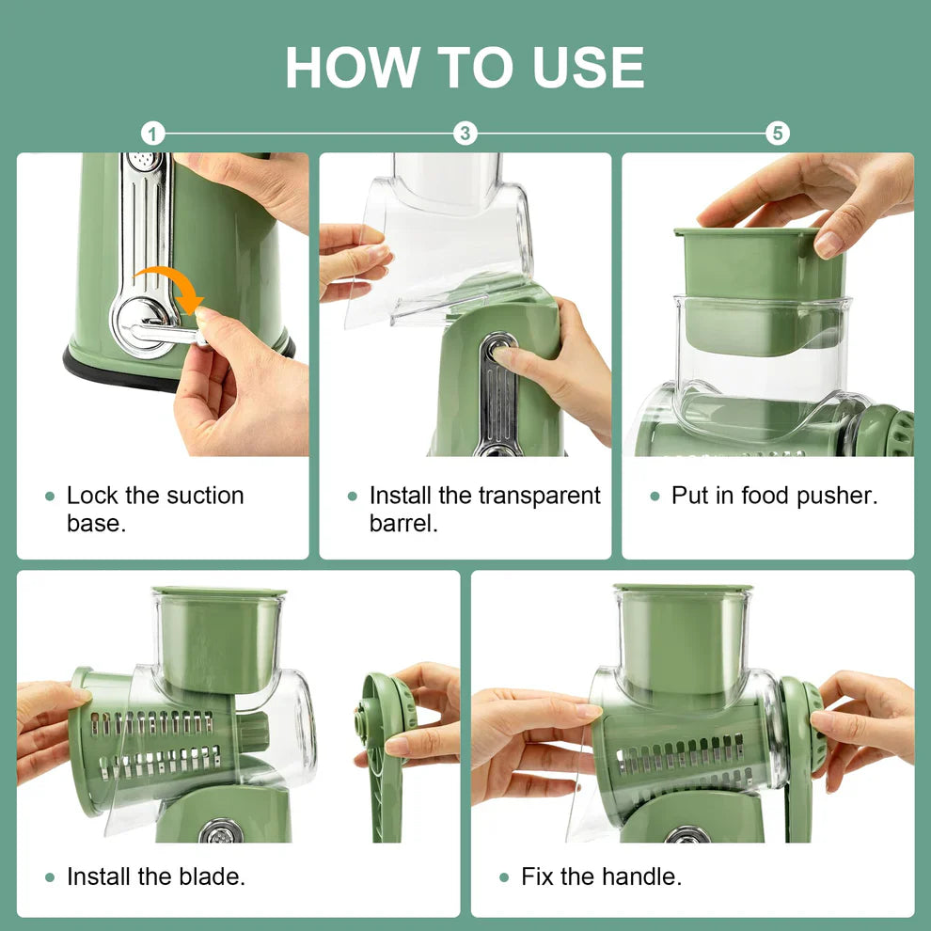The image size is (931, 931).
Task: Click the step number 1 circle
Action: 153,134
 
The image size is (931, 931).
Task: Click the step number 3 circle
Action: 465,134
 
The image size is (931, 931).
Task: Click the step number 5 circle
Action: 777,134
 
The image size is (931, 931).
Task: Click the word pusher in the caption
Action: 833,496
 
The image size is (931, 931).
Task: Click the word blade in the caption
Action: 208,877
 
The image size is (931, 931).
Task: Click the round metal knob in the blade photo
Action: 222,831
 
